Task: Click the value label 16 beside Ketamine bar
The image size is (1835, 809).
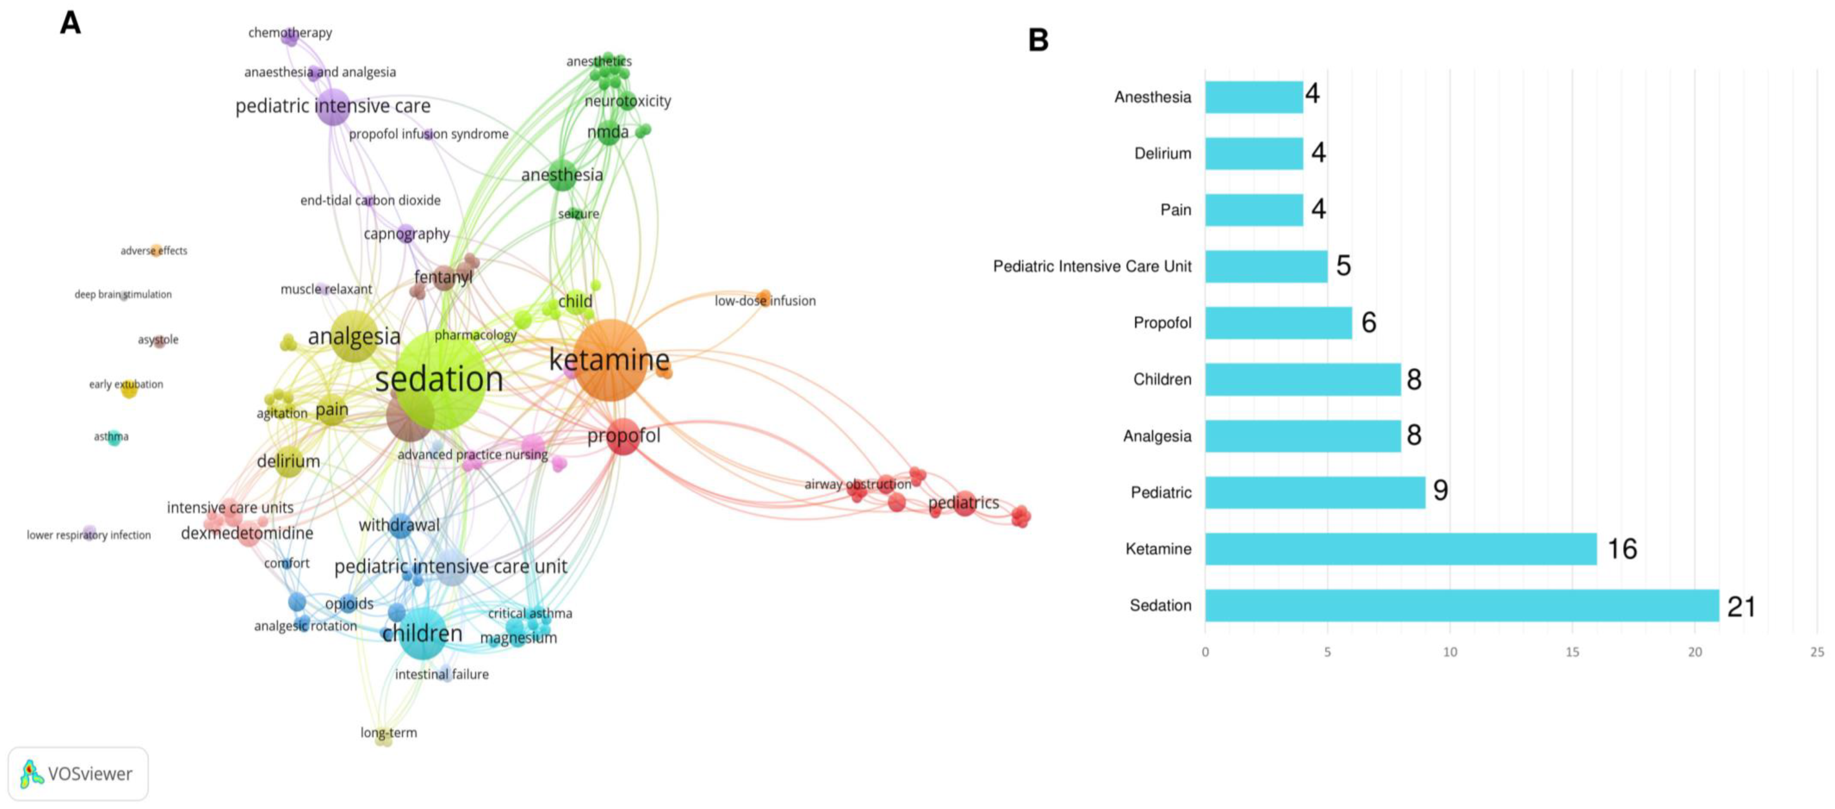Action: tap(1622, 549)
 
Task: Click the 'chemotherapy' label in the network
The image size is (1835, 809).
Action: tap(290, 33)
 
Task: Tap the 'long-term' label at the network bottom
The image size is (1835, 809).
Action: tap(388, 732)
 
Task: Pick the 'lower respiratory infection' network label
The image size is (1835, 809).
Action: tap(88, 535)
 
